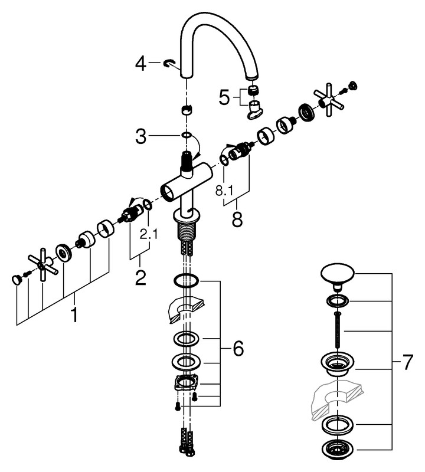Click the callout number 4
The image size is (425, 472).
[x=140, y=63]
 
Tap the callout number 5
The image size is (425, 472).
[x=224, y=97]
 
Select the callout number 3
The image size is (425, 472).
[x=140, y=137]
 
